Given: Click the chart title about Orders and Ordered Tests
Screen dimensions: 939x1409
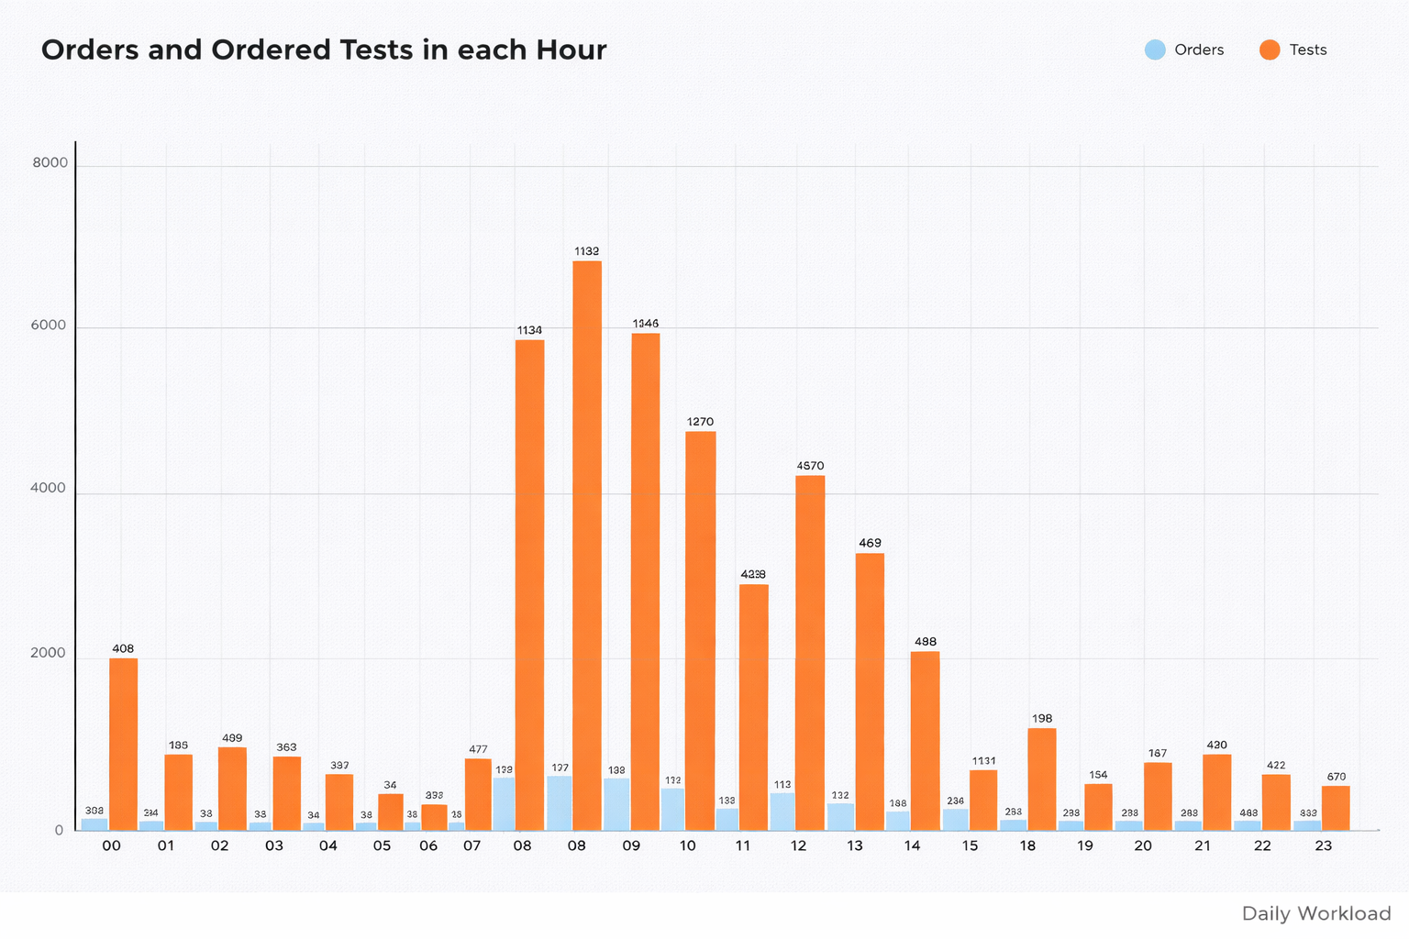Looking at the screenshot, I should point(324,50).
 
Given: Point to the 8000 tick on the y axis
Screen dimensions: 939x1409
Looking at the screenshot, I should point(50,163).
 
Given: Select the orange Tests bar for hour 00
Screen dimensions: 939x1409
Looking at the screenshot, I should point(124,744).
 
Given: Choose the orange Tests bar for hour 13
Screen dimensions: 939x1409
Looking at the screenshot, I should point(870,691).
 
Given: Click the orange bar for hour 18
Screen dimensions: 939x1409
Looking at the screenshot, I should point(1042,779).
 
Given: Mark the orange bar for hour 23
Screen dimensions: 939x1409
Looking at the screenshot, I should point(1336,808).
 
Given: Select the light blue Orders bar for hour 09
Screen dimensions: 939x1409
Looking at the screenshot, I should point(616,804).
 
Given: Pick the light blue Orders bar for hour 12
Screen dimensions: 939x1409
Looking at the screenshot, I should point(782,812).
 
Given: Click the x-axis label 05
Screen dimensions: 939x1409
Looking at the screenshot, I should point(382,845).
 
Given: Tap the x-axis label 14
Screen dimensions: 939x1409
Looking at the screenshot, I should point(912,845).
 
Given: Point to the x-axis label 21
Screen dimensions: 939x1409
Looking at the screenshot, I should point(1203,845).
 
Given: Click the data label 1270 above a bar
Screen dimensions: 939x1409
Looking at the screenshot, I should point(700,422).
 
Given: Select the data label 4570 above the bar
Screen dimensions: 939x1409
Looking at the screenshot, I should point(811,466).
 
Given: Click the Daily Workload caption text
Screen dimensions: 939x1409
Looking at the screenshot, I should point(1316,913).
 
